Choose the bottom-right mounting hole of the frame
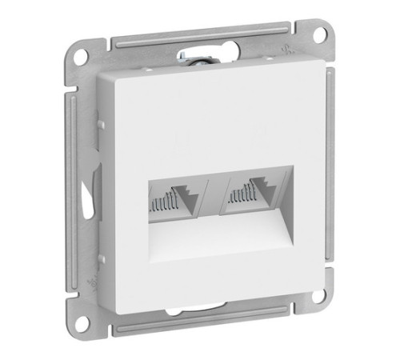(x=318, y=295)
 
